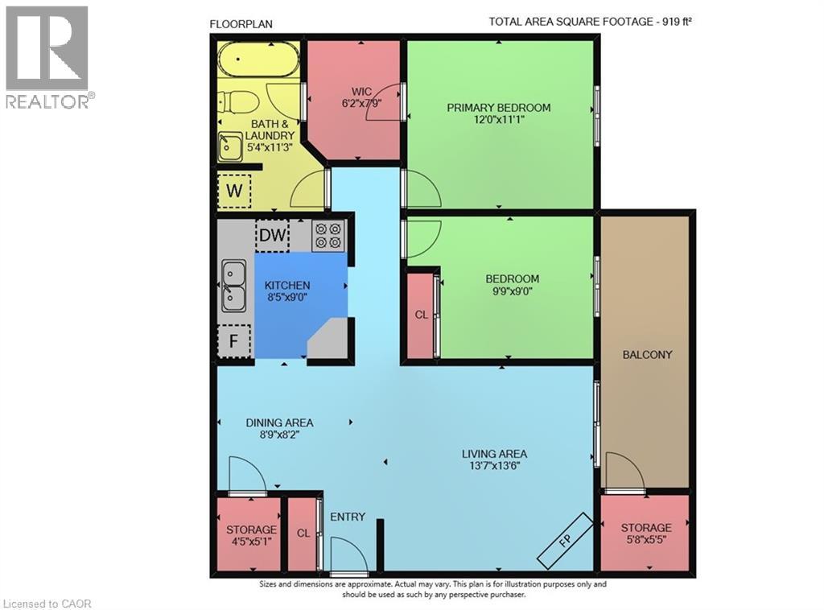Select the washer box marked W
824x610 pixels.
coord(234,191)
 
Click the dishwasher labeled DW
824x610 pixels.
coord(272,235)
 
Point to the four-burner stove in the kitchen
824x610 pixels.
coord(328,235)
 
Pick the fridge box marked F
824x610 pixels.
coord(234,340)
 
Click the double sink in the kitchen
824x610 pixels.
coord(233,286)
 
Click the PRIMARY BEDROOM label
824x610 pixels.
coord(499,108)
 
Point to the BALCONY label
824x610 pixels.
coord(647,354)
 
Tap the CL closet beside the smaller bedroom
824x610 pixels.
coord(421,315)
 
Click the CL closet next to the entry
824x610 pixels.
coord(303,534)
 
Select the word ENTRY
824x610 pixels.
coord(348,517)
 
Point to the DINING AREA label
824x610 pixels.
coord(279,422)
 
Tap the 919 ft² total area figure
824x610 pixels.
coord(674,23)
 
